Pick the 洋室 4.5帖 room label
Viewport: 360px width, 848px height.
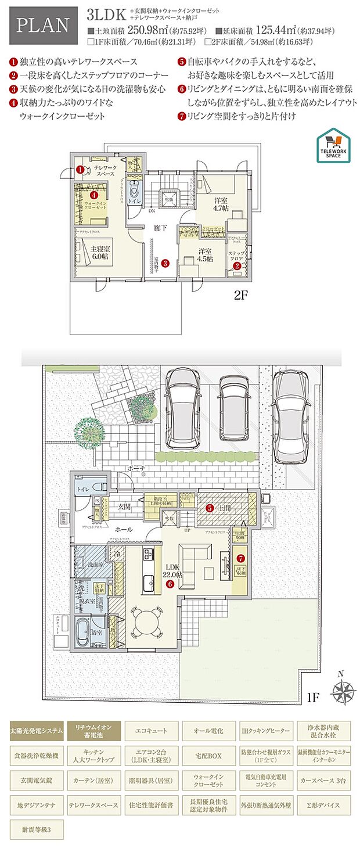tap(204, 255)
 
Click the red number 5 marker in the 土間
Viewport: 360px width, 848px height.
tap(210, 508)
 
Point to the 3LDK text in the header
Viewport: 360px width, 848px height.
tap(108, 13)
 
